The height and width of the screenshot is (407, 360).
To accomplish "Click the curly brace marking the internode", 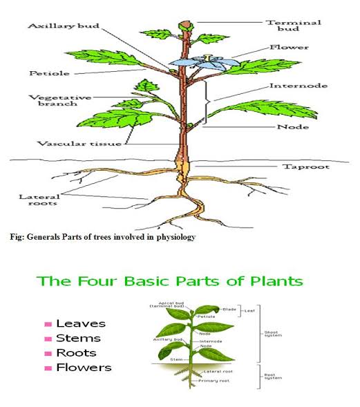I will [207, 102].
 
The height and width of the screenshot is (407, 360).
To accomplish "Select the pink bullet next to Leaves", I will [48, 323].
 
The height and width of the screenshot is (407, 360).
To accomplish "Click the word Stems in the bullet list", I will [78, 338].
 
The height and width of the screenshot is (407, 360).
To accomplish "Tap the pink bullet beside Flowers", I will [48, 368].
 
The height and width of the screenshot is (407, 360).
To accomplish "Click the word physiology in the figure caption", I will [172, 237].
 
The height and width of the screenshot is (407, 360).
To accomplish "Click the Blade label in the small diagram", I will [229, 309].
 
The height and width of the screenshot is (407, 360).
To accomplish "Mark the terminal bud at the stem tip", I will [184, 26].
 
